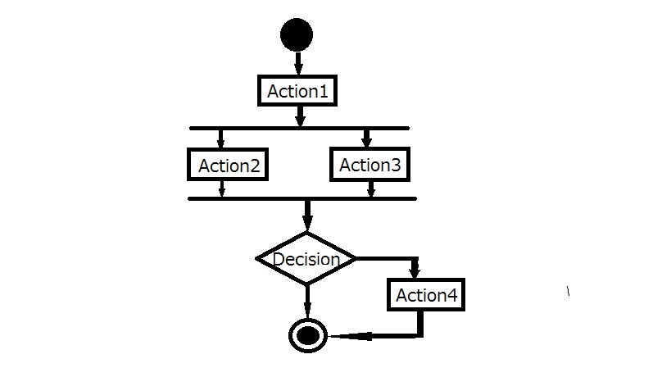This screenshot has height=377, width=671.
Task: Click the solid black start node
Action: (x=297, y=35)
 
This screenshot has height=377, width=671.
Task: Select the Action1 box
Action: (x=297, y=91)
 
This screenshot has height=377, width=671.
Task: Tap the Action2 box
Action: (x=229, y=165)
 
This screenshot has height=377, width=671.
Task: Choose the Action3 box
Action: (x=370, y=165)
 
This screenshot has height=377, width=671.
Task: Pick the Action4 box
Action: (x=426, y=295)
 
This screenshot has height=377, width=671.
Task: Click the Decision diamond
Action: (x=306, y=259)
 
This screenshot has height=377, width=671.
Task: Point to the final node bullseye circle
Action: (x=308, y=334)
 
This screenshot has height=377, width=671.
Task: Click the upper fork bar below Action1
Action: (x=299, y=128)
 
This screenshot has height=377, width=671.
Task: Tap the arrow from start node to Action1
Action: (x=297, y=63)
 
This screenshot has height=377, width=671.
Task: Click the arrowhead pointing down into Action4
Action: (x=415, y=271)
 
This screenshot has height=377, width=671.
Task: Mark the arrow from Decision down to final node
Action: (x=307, y=301)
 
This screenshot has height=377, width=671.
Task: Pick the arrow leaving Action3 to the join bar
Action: (x=371, y=188)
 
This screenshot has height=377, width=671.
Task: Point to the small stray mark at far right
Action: (x=569, y=291)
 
